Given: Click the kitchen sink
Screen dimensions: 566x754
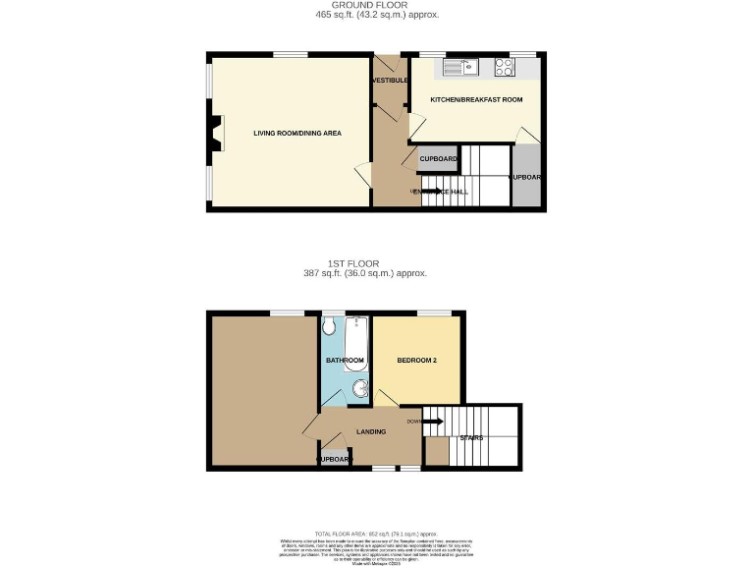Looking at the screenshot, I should coord(458,67).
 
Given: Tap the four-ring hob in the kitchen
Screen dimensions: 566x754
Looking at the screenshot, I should coord(506,67).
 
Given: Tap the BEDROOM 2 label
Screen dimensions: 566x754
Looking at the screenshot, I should coord(416,361).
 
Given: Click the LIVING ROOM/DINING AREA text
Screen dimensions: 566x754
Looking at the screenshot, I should coord(297,133).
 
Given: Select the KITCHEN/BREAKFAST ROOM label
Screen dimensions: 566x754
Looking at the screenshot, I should coord(476,99).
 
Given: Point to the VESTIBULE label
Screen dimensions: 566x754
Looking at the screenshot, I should coord(390,80).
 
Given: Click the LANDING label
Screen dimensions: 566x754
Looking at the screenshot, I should coord(371,431).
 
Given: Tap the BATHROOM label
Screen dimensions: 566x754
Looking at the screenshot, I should coord(345,361).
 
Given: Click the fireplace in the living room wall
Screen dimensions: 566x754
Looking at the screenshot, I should coord(213,133).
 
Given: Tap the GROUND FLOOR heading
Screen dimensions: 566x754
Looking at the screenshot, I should coord(378,6).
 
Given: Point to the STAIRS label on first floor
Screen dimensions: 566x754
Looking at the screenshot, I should coord(471,437).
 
